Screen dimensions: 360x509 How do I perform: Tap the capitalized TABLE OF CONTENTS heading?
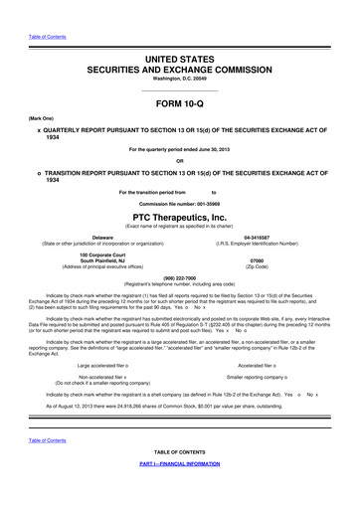coord(180,479)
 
